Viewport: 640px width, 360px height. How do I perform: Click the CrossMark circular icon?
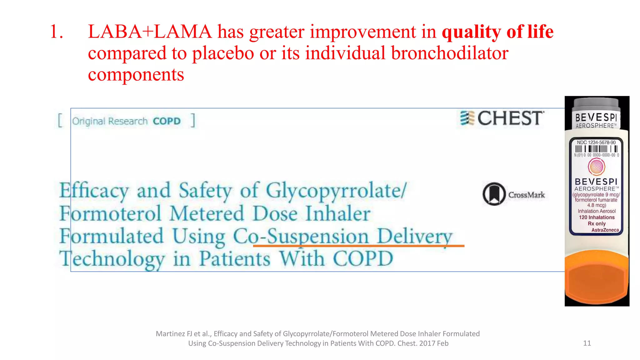pos(494,194)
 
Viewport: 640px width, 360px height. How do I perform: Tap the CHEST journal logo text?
pos(510,118)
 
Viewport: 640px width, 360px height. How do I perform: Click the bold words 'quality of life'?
pos(497,32)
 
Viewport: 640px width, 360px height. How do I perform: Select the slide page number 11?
pos(587,343)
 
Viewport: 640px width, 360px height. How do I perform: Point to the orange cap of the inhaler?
pos(597,278)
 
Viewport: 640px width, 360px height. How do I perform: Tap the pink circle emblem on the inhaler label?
pos(596,166)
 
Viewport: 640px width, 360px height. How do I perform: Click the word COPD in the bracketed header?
pos(167,121)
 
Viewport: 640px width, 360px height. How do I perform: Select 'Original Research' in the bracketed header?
pos(110,121)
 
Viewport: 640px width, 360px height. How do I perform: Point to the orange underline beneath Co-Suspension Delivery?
pos(358,246)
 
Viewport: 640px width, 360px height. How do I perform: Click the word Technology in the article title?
pos(112,259)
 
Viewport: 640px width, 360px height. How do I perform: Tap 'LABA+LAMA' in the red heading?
pos(150,32)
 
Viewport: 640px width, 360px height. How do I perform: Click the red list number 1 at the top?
pos(56,32)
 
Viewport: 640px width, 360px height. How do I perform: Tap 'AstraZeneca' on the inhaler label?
pos(605,230)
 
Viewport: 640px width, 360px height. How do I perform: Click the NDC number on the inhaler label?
pos(596,142)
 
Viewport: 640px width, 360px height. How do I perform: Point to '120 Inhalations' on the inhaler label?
pos(597,217)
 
